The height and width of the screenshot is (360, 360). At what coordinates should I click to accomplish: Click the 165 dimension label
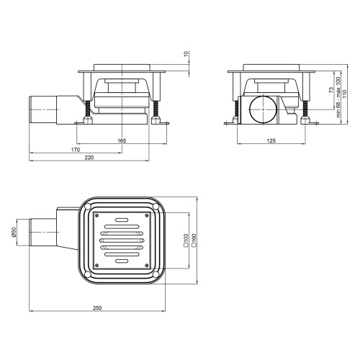[122, 141]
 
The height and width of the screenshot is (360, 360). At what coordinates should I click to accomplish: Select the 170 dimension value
[76, 150]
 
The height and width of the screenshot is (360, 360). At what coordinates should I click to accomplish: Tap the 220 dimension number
[89, 158]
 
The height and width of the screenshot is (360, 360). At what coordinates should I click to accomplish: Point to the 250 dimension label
[97, 308]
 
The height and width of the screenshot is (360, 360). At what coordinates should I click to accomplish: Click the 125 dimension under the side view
[271, 141]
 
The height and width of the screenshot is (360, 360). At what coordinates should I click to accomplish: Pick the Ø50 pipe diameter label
[14, 233]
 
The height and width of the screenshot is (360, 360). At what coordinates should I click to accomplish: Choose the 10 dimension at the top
[186, 53]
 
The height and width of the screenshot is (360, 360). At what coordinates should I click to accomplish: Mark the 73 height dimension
[331, 90]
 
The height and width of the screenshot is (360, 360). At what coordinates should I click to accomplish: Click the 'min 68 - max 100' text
[338, 97]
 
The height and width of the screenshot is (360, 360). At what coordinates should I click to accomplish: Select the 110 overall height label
[345, 94]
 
